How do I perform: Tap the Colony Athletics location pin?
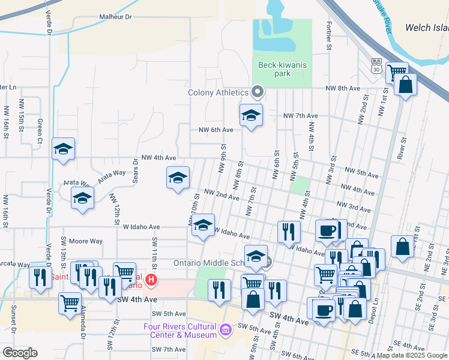[x=258, y=92]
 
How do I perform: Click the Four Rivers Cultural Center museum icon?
[x=225, y=329]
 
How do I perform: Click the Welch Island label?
[x=426, y=28]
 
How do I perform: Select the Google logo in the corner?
[x=20, y=353]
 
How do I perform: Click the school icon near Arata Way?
[x=82, y=198]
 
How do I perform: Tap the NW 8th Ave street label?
[x=343, y=88]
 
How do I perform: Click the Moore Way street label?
[x=86, y=241]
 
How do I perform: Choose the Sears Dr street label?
[x=135, y=172]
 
